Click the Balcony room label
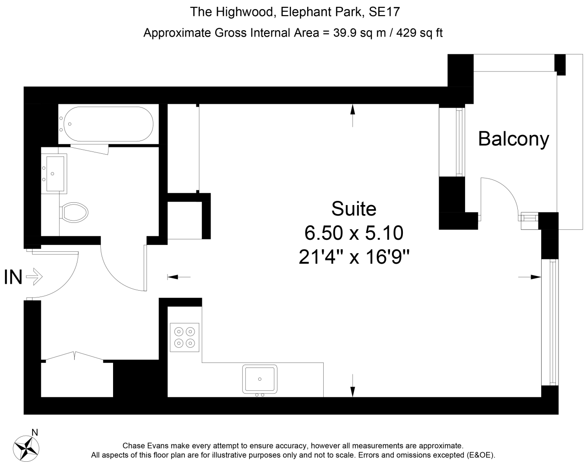[x=513, y=139]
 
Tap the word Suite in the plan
[x=354, y=209]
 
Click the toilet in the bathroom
[x=74, y=212]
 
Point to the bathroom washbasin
[x=54, y=173]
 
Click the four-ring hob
[x=184, y=337]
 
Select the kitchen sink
[x=260, y=379]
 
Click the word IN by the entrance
[x=13, y=277]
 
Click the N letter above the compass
[x=34, y=432]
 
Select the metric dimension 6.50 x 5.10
[x=354, y=233]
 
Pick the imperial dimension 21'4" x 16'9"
[x=354, y=257]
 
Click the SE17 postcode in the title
[x=385, y=11]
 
